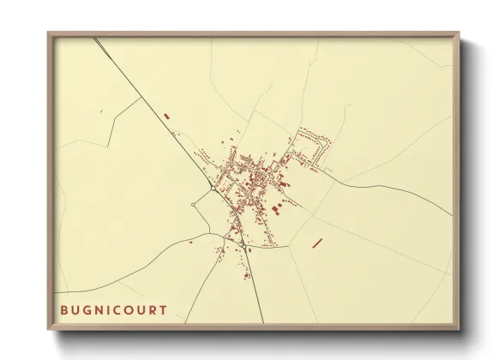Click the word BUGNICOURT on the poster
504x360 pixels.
(x=113, y=309)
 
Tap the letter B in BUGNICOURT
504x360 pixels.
(x=63, y=309)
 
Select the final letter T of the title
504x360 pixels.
(x=164, y=309)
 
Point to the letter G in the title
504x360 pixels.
(x=86, y=309)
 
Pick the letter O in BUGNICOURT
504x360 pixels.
(x=129, y=309)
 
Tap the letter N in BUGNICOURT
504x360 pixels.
(x=98, y=309)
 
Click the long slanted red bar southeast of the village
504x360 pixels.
(x=317, y=243)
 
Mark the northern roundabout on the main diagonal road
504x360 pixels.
(x=212, y=186)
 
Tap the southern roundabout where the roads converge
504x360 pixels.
(x=243, y=247)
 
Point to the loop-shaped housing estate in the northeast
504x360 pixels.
(x=312, y=146)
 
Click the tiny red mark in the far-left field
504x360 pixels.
(x=101, y=111)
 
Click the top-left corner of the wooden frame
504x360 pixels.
(x=49, y=33)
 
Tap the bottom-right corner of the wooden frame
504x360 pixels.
(x=458, y=330)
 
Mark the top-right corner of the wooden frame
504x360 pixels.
(x=458, y=33)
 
